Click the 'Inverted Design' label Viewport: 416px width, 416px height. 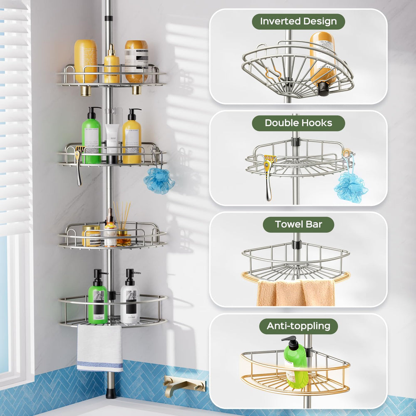click(298, 22)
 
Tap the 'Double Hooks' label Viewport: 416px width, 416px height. click(298, 123)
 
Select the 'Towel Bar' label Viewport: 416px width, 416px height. click(298, 225)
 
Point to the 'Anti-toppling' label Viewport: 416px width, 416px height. click(298, 326)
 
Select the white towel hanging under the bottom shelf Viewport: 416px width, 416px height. click(100, 348)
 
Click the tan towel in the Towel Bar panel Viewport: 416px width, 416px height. click(296, 292)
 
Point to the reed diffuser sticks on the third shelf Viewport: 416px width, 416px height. click(122, 215)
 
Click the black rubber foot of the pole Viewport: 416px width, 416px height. click(111, 394)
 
